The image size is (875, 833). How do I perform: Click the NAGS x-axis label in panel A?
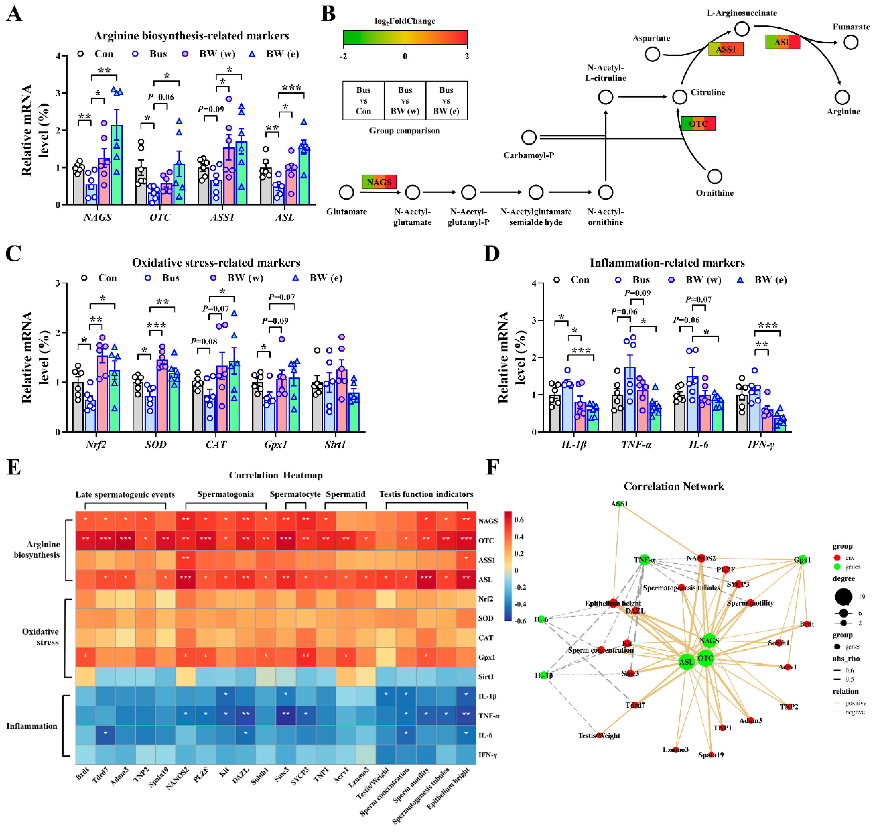point(97,217)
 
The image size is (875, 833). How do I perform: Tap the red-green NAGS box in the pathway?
point(379,182)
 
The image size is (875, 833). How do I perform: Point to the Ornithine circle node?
point(714,176)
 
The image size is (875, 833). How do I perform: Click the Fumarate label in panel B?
point(850,27)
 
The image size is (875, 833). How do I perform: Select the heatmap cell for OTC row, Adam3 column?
point(125,540)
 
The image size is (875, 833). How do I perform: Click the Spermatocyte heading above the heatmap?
point(295,494)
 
